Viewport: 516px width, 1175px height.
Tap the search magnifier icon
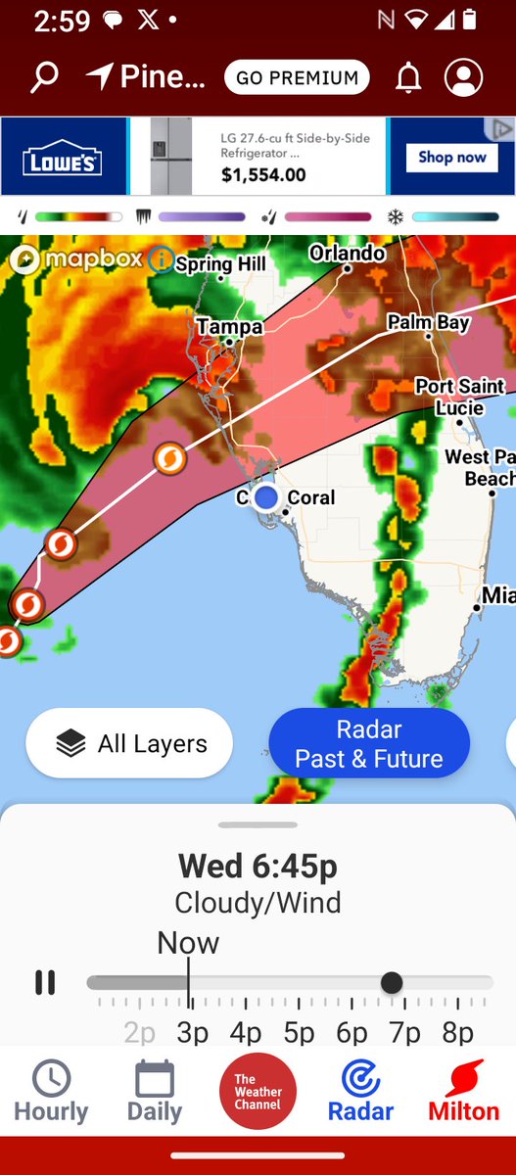pyautogui.click(x=44, y=78)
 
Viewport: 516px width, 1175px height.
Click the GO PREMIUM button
pyautogui.click(x=297, y=78)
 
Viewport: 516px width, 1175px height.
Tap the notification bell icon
pyautogui.click(x=407, y=78)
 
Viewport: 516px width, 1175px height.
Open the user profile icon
pyautogui.click(x=463, y=78)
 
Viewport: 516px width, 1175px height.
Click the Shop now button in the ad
pyautogui.click(x=451, y=157)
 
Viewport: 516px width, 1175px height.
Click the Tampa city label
pyautogui.click(x=229, y=327)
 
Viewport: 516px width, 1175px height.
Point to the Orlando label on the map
pyautogui.click(x=347, y=254)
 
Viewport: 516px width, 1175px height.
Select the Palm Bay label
pyautogui.click(x=428, y=323)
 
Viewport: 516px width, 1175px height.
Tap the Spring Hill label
pyautogui.click(x=220, y=264)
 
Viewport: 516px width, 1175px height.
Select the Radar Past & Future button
pyautogui.click(x=369, y=744)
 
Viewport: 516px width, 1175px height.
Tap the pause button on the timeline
pyautogui.click(x=45, y=982)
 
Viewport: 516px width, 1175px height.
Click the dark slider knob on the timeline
pyautogui.click(x=392, y=982)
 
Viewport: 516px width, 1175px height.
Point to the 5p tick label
pyautogui.click(x=299, y=1032)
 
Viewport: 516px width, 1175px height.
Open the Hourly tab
pyautogui.click(x=51, y=1091)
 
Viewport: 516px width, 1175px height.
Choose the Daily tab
pyautogui.click(x=155, y=1091)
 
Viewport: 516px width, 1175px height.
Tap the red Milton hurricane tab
pyautogui.click(x=463, y=1091)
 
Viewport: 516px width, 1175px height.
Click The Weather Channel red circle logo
pyautogui.click(x=258, y=1091)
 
